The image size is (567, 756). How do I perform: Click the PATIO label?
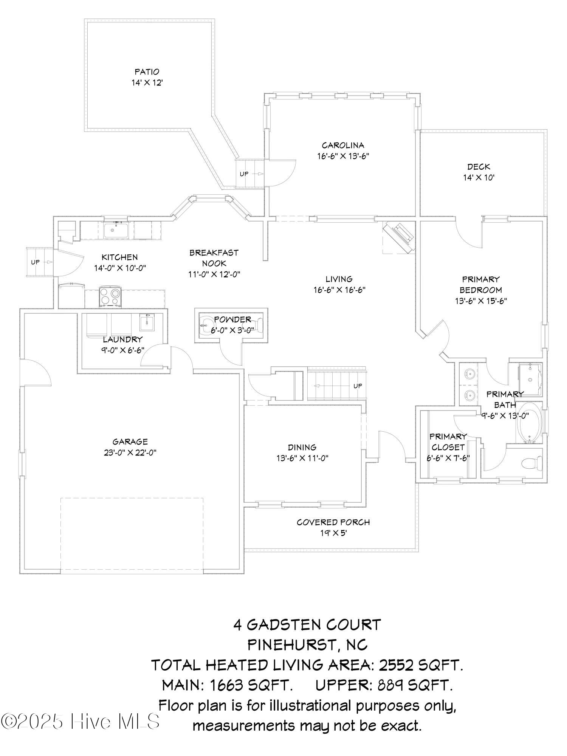pyautogui.click(x=147, y=71)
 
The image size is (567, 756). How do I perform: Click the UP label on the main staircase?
pyautogui.click(x=357, y=386)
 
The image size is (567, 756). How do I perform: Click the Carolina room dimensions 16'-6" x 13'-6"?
pyautogui.click(x=343, y=156)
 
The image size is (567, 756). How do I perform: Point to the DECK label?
pyautogui.click(x=479, y=167)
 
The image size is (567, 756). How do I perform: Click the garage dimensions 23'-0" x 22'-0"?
pyautogui.click(x=130, y=452)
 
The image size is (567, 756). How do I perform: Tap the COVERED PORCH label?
pyautogui.click(x=333, y=522)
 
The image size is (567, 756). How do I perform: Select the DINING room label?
pyautogui.click(x=302, y=448)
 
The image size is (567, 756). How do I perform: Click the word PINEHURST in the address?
pyautogui.click(x=290, y=644)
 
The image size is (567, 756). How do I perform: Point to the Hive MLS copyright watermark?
pyautogui.click(x=80, y=721)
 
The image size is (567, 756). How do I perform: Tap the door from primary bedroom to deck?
pyautogui.click(x=469, y=234)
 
